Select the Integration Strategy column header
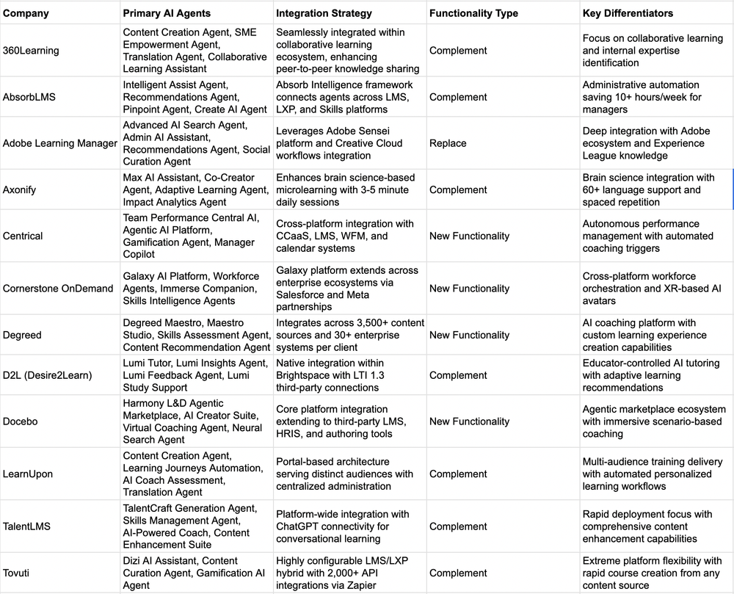click(x=324, y=13)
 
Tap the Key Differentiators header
click(x=628, y=13)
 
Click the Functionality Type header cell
click(x=473, y=13)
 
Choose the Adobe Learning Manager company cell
click(x=60, y=143)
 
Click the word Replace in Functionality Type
click(x=448, y=143)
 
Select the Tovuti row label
click(x=18, y=573)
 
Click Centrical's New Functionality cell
click(x=469, y=236)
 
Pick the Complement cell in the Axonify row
click(x=458, y=189)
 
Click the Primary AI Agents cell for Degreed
click(x=196, y=335)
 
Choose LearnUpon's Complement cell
click(x=458, y=474)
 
